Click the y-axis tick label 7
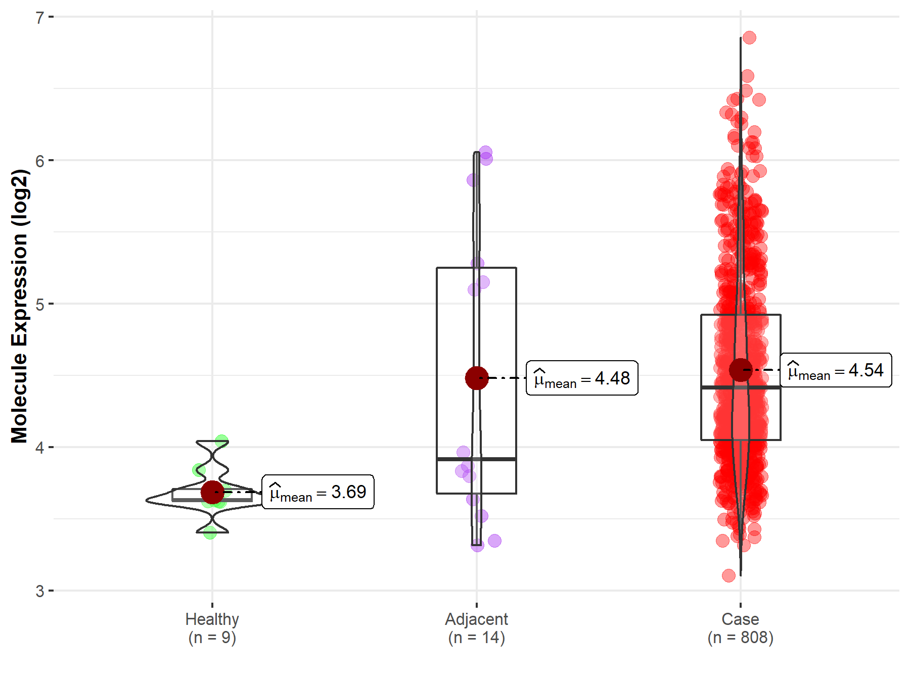(x=40, y=18)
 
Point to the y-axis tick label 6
(x=40, y=161)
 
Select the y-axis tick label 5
(x=40, y=304)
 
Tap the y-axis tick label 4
(x=40, y=448)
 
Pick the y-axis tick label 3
(x=40, y=591)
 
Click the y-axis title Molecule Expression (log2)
(x=19, y=306)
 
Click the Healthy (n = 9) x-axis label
(x=212, y=628)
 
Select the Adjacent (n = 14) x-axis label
(x=476, y=628)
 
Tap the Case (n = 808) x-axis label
(x=740, y=628)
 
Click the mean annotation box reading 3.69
(x=318, y=492)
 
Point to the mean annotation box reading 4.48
(x=582, y=378)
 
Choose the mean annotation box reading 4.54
(x=836, y=370)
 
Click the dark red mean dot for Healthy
(x=212, y=492)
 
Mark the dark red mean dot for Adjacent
(x=476, y=378)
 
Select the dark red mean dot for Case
(x=741, y=370)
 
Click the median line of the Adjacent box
(x=476, y=459)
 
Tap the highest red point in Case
(x=749, y=38)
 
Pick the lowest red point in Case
(x=729, y=575)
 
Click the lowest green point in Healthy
(x=210, y=532)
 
